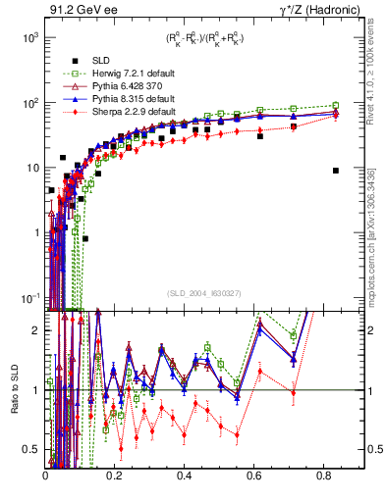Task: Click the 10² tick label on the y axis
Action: pos(29,102)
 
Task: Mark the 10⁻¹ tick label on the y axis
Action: pos(29,297)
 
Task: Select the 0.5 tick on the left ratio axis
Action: pos(33,450)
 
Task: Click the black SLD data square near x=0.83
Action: pos(336,171)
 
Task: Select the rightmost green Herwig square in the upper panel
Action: pos(336,105)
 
